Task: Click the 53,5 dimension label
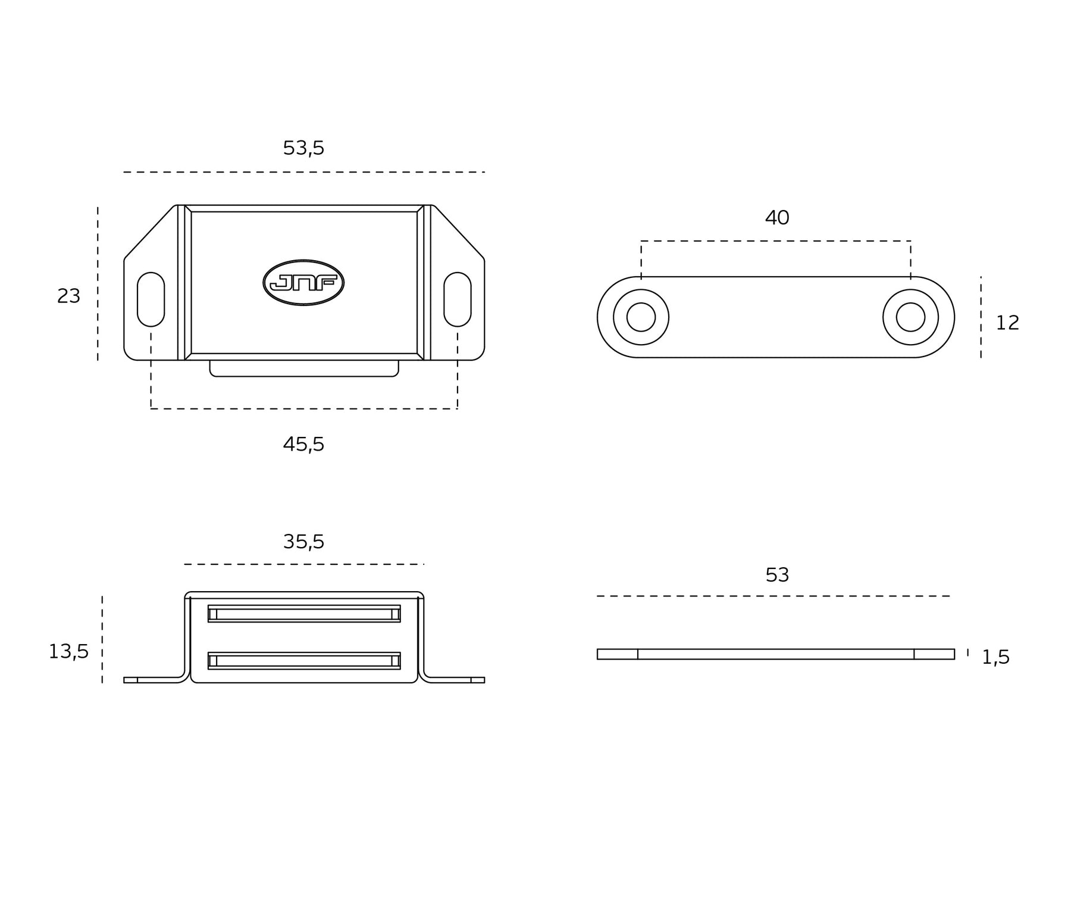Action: [303, 148]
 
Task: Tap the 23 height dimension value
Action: [68, 296]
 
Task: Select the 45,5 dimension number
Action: [303, 444]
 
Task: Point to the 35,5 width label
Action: [303, 542]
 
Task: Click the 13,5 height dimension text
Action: [68, 652]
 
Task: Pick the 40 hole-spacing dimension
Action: [777, 218]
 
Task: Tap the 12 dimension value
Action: [1007, 323]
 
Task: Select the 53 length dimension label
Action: [777, 575]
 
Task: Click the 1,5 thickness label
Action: [995, 657]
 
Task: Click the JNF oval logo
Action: [303, 283]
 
